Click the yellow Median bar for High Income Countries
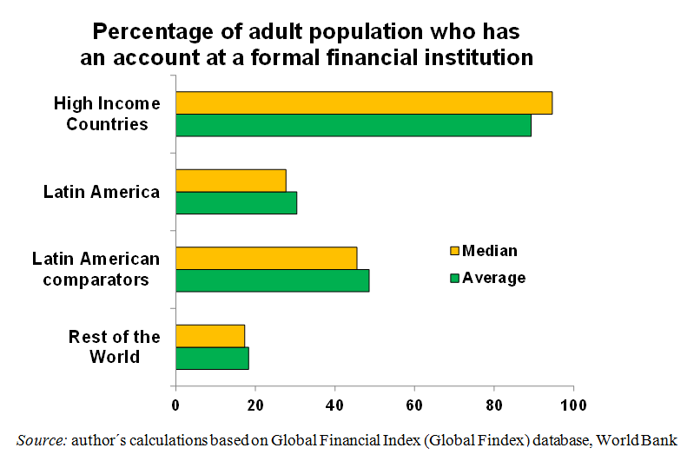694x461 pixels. coord(364,102)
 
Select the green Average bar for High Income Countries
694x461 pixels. coord(354,125)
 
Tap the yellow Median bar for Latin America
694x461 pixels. coord(230,181)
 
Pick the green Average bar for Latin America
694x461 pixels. coord(236,202)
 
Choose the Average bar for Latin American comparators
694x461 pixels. coord(272,280)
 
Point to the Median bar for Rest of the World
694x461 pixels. coord(210,336)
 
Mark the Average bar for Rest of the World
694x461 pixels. coord(212,358)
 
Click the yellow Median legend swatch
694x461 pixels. coord(453,252)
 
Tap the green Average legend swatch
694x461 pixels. coord(453,279)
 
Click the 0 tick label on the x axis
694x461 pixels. coord(175,405)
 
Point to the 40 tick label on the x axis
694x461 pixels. coord(335,405)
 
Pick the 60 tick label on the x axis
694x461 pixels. coord(414,405)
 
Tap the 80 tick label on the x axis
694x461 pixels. coord(494,405)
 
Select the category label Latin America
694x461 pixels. coord(102,192)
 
